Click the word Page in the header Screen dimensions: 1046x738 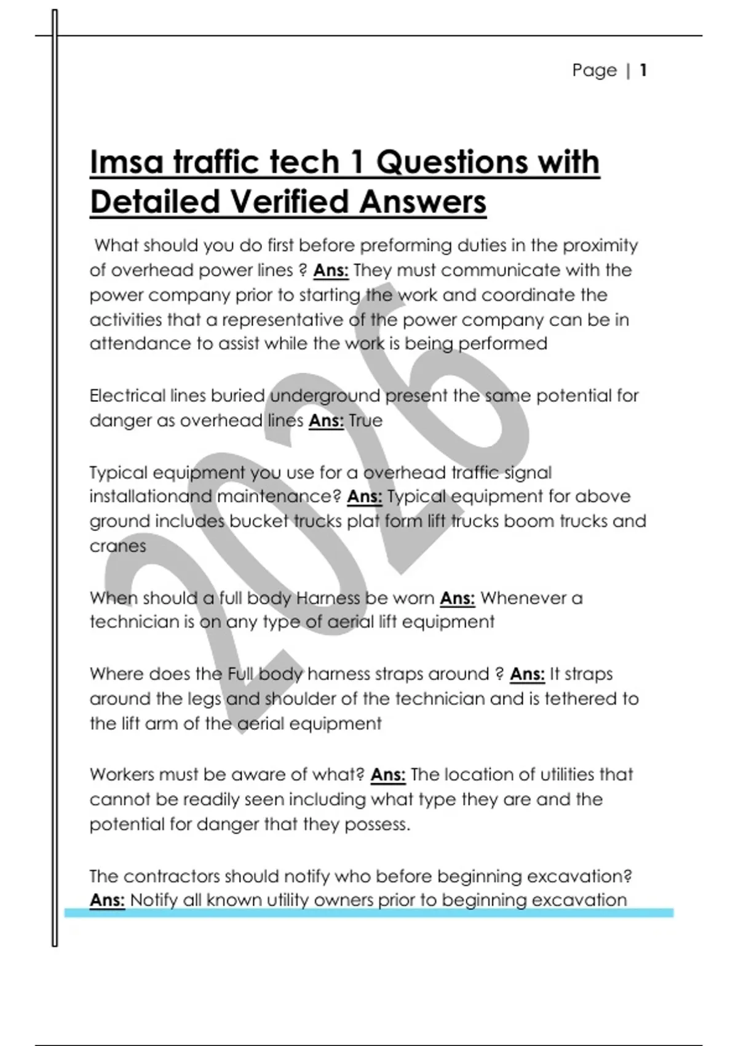coord(594,70)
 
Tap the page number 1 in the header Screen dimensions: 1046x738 coord(643,70)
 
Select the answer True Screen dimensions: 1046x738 coord(365,421)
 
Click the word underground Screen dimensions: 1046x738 coord(325,396)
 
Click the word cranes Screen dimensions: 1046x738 coord(117,546)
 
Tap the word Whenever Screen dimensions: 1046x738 coord(531,598)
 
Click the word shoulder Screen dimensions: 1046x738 coord(304,699)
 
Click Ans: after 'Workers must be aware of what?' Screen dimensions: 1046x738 coord(387,775)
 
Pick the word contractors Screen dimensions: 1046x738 coord(173,876)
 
